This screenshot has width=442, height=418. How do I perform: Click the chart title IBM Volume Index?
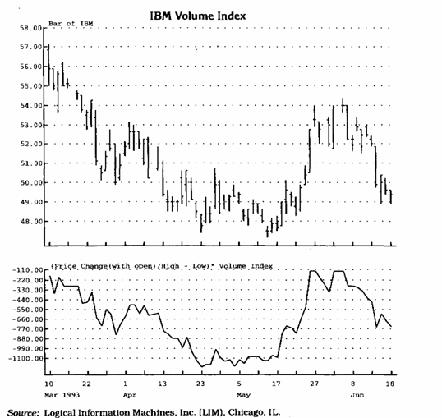tap(198, 16)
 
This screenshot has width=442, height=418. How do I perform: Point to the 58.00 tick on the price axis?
tap(30, 28)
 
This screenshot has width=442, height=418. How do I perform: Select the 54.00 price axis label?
tap(30, 106)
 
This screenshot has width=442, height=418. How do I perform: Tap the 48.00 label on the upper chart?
tap(30, 222)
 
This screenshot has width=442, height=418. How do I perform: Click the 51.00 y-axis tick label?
tap(30, 163)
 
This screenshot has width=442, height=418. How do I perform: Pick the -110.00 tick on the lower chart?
tap(27, 270)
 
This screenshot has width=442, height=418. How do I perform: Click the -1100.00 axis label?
tap(26, 359)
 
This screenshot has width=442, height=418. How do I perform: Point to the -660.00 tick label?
tap(27, 319)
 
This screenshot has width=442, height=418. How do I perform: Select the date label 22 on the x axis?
tap(87, 384)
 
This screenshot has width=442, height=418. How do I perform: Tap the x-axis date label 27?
tap(315, 384)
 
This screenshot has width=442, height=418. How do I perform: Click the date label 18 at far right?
tap(390, 384)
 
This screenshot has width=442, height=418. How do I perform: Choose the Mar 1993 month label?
tap(62, 395)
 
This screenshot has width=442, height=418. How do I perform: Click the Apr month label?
tap(130, 395)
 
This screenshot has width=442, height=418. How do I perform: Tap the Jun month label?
tap(357, 395)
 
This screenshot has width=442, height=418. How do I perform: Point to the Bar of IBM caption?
tap(71, 24)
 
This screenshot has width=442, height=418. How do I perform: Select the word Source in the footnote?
tap(23, 412)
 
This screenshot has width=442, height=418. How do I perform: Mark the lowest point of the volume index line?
tap(202, 367)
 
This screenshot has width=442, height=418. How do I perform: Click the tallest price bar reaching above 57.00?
tap(48, 65)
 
